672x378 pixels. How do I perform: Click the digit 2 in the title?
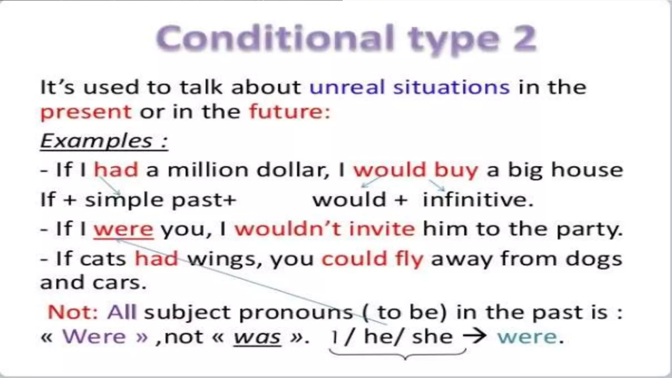click(524, 39)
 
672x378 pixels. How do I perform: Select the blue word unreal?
click(347, 88)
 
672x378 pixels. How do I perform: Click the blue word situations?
click(451, 88)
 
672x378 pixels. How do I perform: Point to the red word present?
click(86, 113)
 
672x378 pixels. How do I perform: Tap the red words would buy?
click(415, 170)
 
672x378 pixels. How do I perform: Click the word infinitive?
click(477, 200)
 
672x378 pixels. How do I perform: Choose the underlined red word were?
click(123, 229)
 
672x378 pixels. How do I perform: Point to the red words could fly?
click(372, 259)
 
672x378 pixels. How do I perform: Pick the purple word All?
click(122, 312)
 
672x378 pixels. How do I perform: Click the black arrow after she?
click(474, 336)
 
